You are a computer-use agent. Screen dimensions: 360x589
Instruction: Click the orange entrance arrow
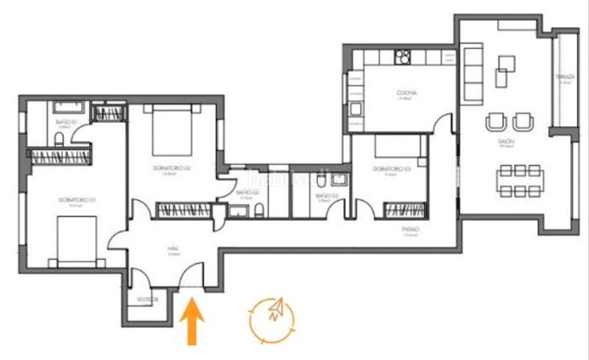coord(192,321)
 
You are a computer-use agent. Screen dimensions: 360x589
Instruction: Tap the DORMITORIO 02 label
coord(172,169)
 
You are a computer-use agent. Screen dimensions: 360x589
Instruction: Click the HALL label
coord(174,249)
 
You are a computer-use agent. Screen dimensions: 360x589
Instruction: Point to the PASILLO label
coord(411,230)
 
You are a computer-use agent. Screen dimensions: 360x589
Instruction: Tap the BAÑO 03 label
coord(326,196)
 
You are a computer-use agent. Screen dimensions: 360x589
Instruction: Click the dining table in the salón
coord(520,180)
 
